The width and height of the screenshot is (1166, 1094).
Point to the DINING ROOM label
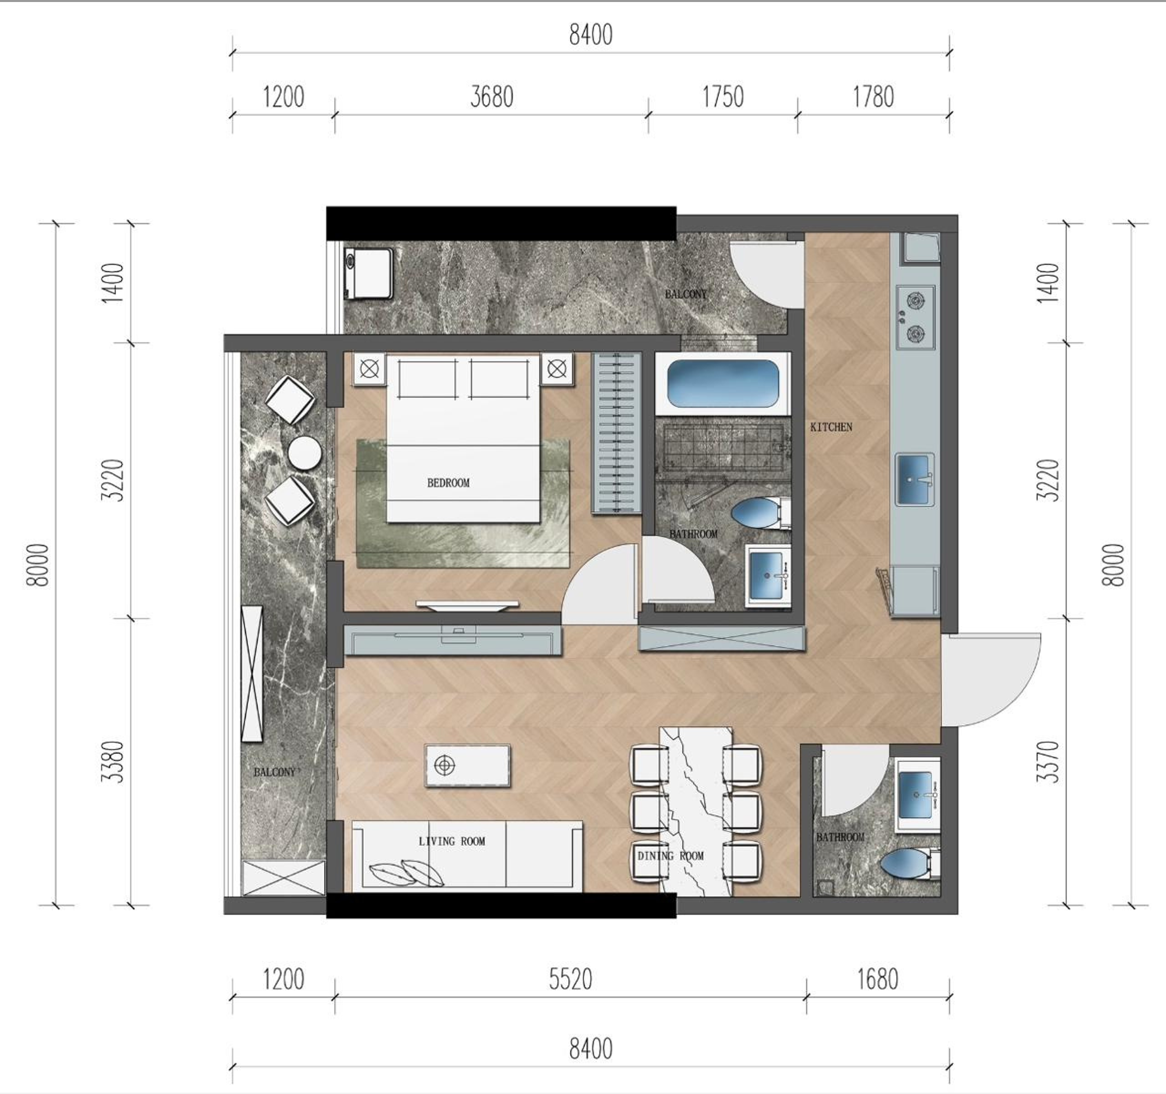670,856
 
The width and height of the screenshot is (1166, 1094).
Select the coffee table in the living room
467,765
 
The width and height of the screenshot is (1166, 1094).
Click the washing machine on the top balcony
369,273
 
